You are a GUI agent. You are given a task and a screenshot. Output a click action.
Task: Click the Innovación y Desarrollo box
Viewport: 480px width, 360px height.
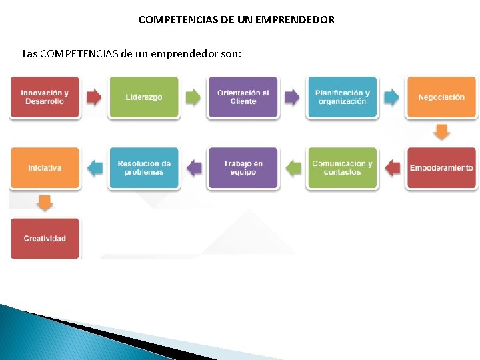point(45,97)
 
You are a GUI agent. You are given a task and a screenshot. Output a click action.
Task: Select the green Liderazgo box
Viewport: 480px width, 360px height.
point(143,97)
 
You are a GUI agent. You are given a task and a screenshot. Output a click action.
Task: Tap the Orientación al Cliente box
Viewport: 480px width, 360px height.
point(243,97)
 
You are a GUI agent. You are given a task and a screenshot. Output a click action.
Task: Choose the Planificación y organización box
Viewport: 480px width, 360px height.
point(342,97)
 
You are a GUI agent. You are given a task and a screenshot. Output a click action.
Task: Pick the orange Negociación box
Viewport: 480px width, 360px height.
point(441,97)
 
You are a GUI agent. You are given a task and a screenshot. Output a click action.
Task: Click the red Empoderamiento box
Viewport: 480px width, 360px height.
point(441,168)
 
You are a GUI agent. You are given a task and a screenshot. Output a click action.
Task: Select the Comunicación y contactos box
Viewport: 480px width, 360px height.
point(342,168)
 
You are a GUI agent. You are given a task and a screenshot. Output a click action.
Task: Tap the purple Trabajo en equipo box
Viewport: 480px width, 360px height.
point(243,168)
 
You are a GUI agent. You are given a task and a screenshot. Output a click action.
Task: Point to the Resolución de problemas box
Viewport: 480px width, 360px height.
point(143,168)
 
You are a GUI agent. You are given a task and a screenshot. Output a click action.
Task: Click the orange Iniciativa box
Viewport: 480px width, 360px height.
point(45,168)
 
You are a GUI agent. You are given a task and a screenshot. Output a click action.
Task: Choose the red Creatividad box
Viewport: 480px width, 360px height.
point(45,239)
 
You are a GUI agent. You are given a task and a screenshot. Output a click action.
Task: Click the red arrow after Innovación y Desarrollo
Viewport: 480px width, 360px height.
point(94,97)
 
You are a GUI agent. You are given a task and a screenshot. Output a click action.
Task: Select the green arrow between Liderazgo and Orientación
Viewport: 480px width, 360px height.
point(193,97)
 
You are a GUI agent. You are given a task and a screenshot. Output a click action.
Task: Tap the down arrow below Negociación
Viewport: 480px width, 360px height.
point(441,132)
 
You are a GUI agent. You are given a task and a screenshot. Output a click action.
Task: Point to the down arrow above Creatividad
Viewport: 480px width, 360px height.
point(45,203)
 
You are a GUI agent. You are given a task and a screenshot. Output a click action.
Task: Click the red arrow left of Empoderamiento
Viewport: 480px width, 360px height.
point(393,168)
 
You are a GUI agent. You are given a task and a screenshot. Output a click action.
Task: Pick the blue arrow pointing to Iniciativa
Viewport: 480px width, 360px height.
point(95,168)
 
